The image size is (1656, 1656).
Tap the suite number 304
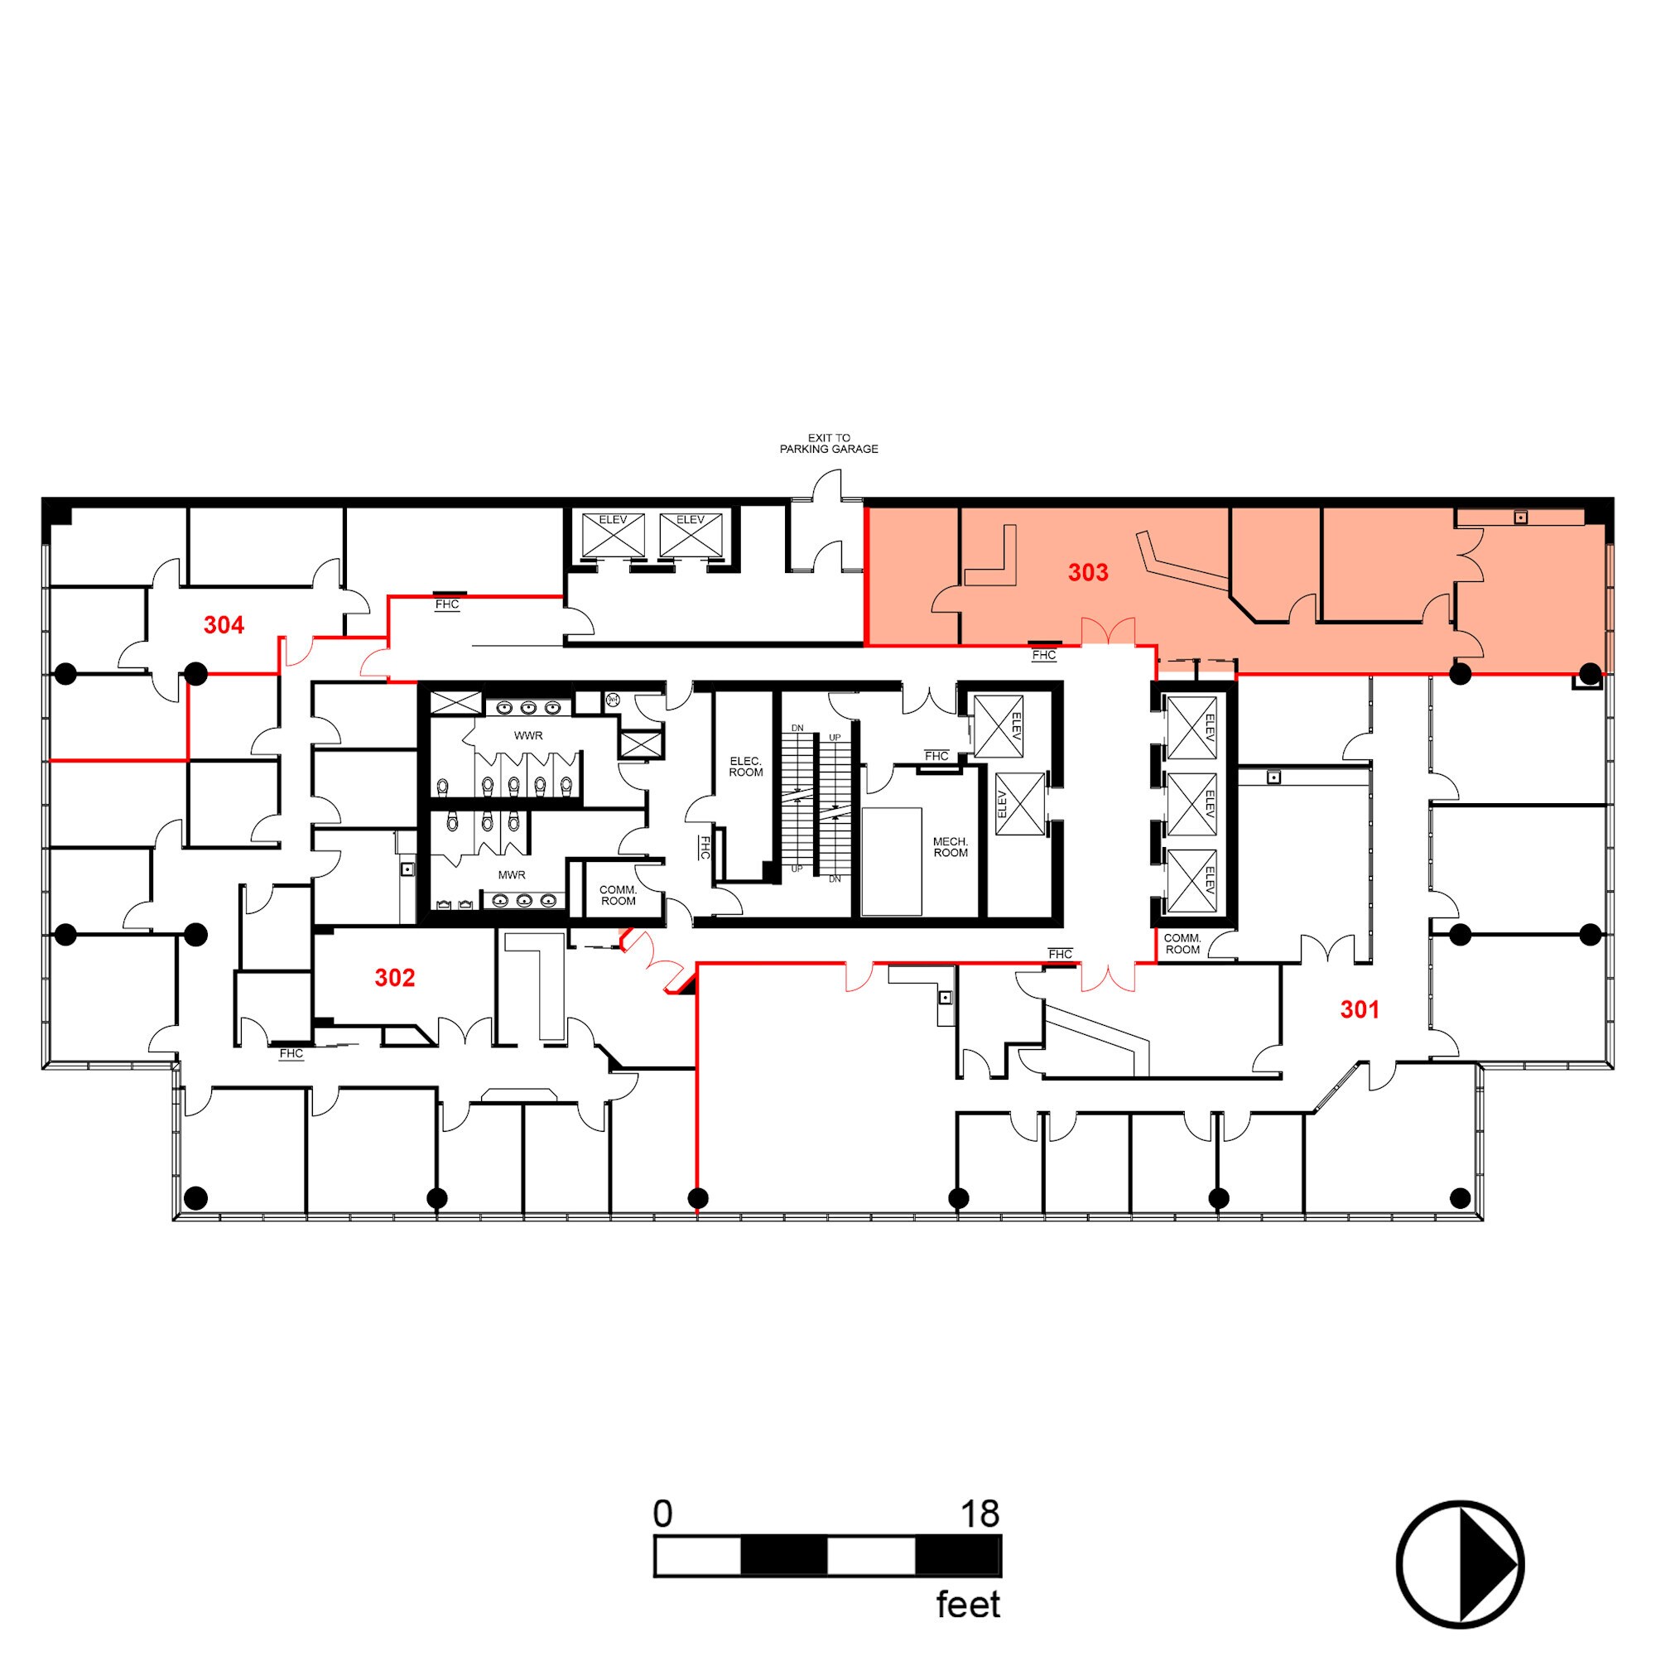224,626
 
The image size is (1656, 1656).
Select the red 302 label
394,978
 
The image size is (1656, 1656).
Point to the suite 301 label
1360,1009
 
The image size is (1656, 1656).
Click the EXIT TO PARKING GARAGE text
828,443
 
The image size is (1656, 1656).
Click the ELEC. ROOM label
746,766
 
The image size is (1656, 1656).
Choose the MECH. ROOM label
950,847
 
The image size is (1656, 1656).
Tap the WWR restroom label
528,735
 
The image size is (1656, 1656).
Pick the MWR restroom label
512,875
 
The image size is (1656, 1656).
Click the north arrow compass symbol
1460,1565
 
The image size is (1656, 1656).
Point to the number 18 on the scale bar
979,1514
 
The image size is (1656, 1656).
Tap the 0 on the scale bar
662,1514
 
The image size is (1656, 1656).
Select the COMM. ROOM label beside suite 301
1182,944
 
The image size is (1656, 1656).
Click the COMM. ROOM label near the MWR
618,895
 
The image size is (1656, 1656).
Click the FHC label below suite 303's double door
1043,656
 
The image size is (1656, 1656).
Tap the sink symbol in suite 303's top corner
1519,517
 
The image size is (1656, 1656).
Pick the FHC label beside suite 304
446,604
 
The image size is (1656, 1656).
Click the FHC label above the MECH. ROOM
936,756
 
